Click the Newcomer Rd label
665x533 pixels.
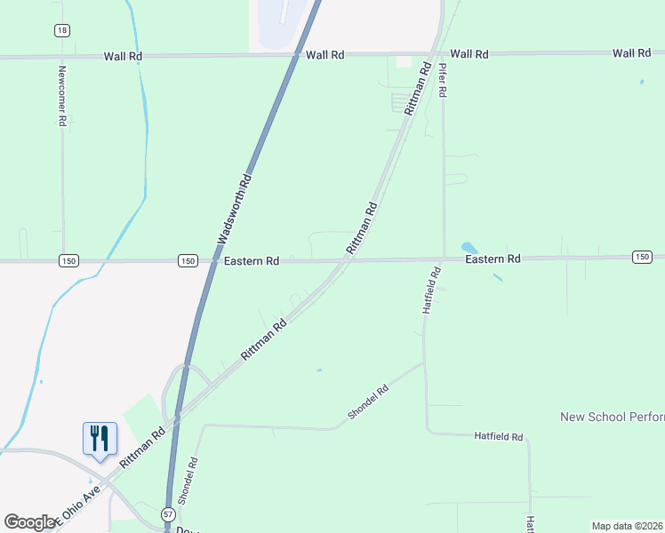(x=62, y=98)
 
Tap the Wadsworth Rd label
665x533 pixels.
(x=235, y=210)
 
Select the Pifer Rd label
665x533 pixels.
(x=444, y=79)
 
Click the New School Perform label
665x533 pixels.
(x=612, y=417)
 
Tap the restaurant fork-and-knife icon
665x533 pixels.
(x=99, y=438)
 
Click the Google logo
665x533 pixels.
(x=30, y=522)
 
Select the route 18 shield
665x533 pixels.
(x=61, y=30)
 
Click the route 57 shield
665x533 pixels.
(x=168, y=514)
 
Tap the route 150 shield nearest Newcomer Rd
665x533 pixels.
(x=69, y=260)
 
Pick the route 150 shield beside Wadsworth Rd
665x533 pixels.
(x=187, y=260)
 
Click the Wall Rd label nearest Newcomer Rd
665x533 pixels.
(x=123, y=56)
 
